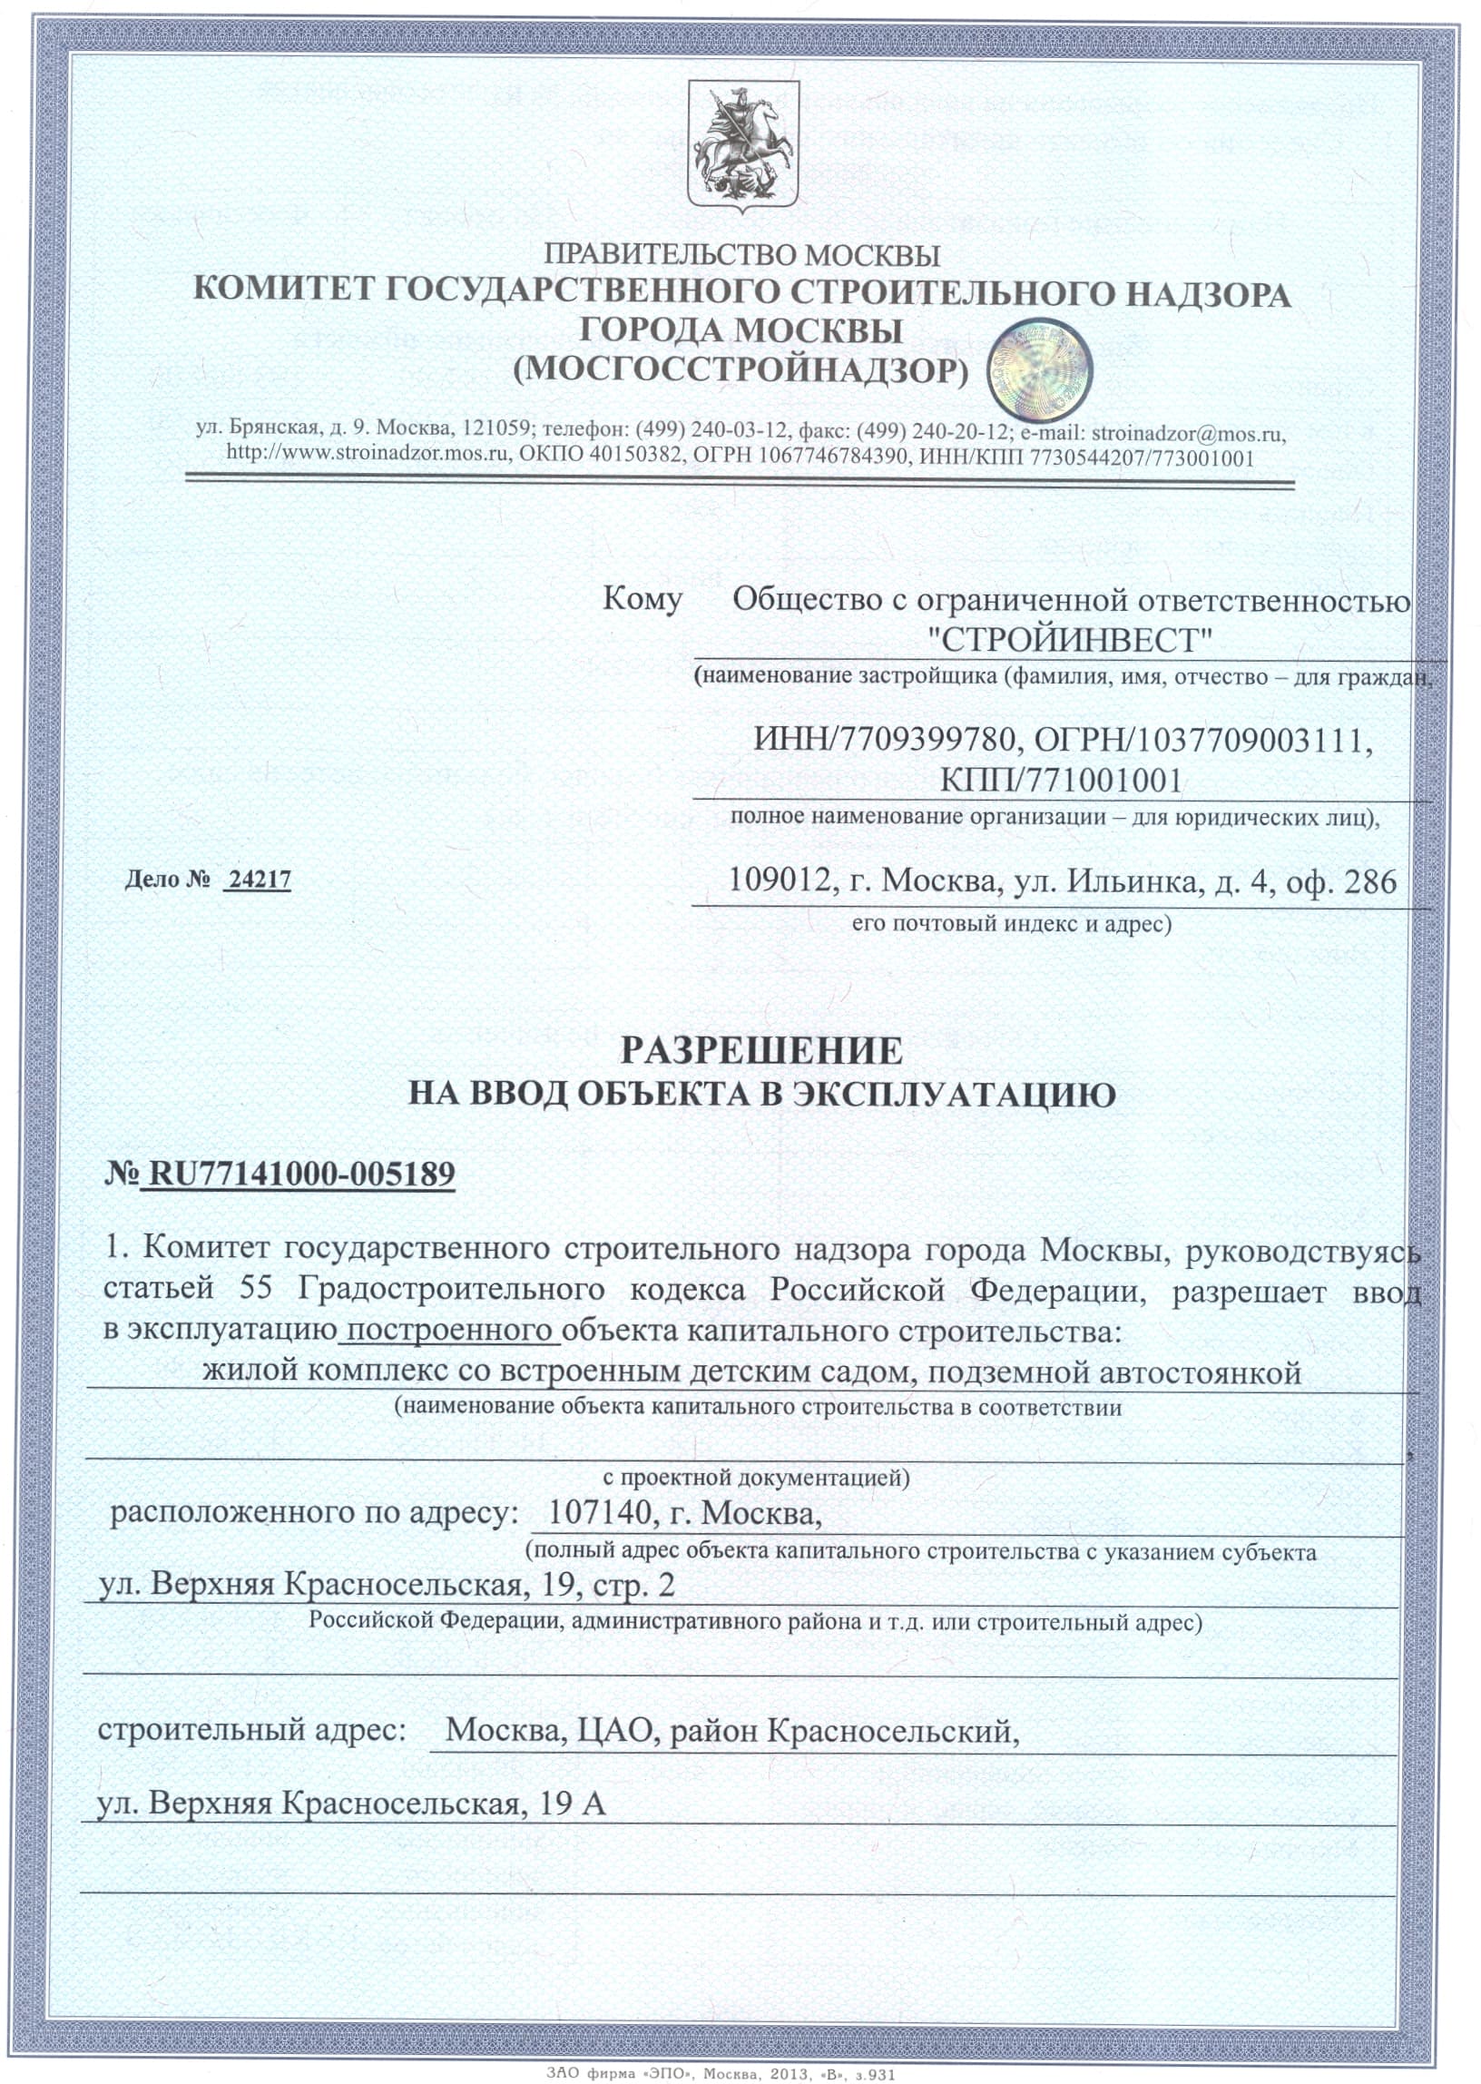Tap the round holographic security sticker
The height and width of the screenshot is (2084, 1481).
1039,369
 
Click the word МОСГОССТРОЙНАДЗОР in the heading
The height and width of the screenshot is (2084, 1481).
740,369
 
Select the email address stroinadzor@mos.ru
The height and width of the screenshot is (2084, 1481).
1189,432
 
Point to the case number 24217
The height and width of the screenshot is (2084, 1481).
259,880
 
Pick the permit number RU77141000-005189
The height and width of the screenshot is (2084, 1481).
300,1174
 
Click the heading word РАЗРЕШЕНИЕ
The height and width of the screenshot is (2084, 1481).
761,1052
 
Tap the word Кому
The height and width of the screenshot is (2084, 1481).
642,599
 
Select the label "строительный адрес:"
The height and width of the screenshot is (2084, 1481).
251,1728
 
